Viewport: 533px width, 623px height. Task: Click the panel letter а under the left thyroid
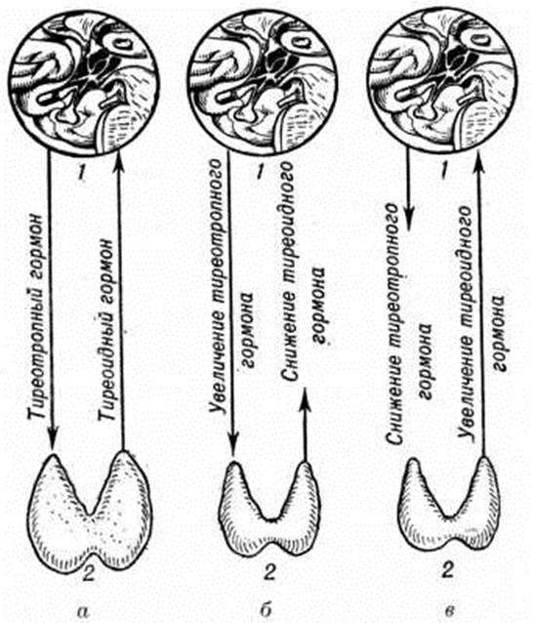(83, 609)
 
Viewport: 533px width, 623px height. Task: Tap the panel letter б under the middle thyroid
(266, 608)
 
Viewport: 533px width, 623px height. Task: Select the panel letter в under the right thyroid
(449, 609)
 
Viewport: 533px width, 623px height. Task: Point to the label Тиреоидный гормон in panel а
(106, 329)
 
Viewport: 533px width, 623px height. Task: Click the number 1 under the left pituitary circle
(81, 173)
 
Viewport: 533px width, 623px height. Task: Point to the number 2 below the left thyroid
(88, 572)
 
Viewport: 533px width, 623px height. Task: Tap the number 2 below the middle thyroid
(269, 572)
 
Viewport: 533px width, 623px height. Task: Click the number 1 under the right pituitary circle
(446, 173)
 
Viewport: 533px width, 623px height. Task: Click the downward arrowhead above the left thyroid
(53, 438)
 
